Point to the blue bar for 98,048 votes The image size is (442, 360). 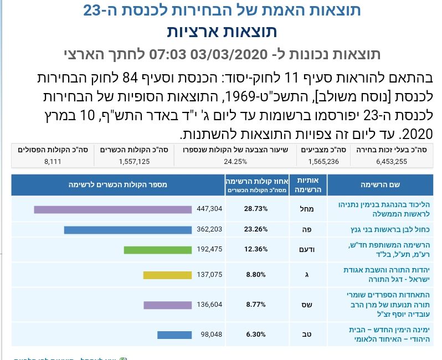(x=174, y=335)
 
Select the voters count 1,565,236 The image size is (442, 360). (x=324, y=161)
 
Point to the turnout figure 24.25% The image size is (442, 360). (x=235, y=161)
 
